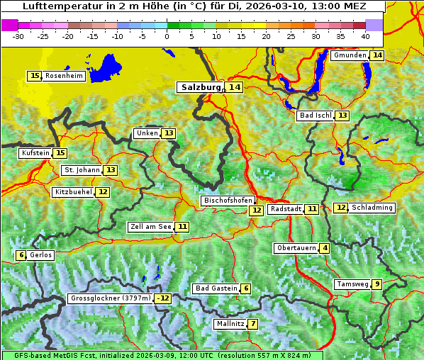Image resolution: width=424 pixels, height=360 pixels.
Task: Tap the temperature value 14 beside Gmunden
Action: coord(377,55)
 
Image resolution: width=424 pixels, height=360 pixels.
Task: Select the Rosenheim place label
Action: coord(64,76)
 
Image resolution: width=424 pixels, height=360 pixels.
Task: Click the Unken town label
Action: coord(147,133)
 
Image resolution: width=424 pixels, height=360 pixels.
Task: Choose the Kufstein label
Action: coord(35,153)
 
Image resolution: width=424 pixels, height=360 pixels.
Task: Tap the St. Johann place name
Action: coord(82,170)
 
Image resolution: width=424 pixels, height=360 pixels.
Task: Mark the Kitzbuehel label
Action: coord(73,192)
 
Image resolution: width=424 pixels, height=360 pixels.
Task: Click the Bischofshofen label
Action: coord(228,201)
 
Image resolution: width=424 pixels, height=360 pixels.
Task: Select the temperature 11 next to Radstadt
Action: coord(312,209)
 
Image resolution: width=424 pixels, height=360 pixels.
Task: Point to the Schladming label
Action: coord(372,208)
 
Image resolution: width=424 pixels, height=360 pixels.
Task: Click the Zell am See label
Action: coord(151,227)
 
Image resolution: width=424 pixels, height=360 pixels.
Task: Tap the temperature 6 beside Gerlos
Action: coord(21,255)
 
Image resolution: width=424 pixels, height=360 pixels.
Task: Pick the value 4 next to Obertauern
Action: coord(324,248)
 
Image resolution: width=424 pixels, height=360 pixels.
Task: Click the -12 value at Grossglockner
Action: coord(164,298)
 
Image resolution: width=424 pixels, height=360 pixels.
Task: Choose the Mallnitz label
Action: coord(230,324)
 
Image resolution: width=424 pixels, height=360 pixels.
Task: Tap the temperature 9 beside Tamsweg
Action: coord(377,284)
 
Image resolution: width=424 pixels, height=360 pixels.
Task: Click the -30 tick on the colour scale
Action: coord(18,35)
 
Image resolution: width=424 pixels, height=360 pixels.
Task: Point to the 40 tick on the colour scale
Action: coord(365,35)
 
